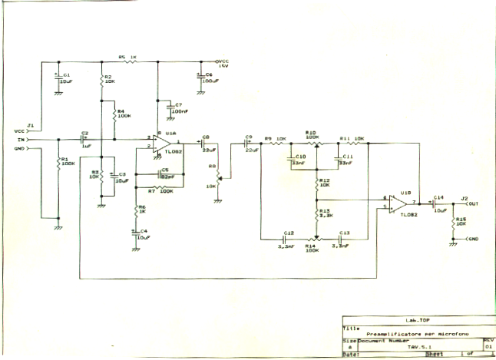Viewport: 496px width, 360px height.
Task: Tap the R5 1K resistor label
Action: point(127,57)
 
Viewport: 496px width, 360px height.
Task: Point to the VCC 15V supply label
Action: point(222,64)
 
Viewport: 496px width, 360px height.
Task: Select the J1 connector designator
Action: point(30,124)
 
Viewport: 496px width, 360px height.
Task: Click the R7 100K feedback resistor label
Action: point(158,191)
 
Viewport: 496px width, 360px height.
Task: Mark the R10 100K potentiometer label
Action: point(312,134)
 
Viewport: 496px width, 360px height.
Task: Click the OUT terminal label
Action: point(474,204)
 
